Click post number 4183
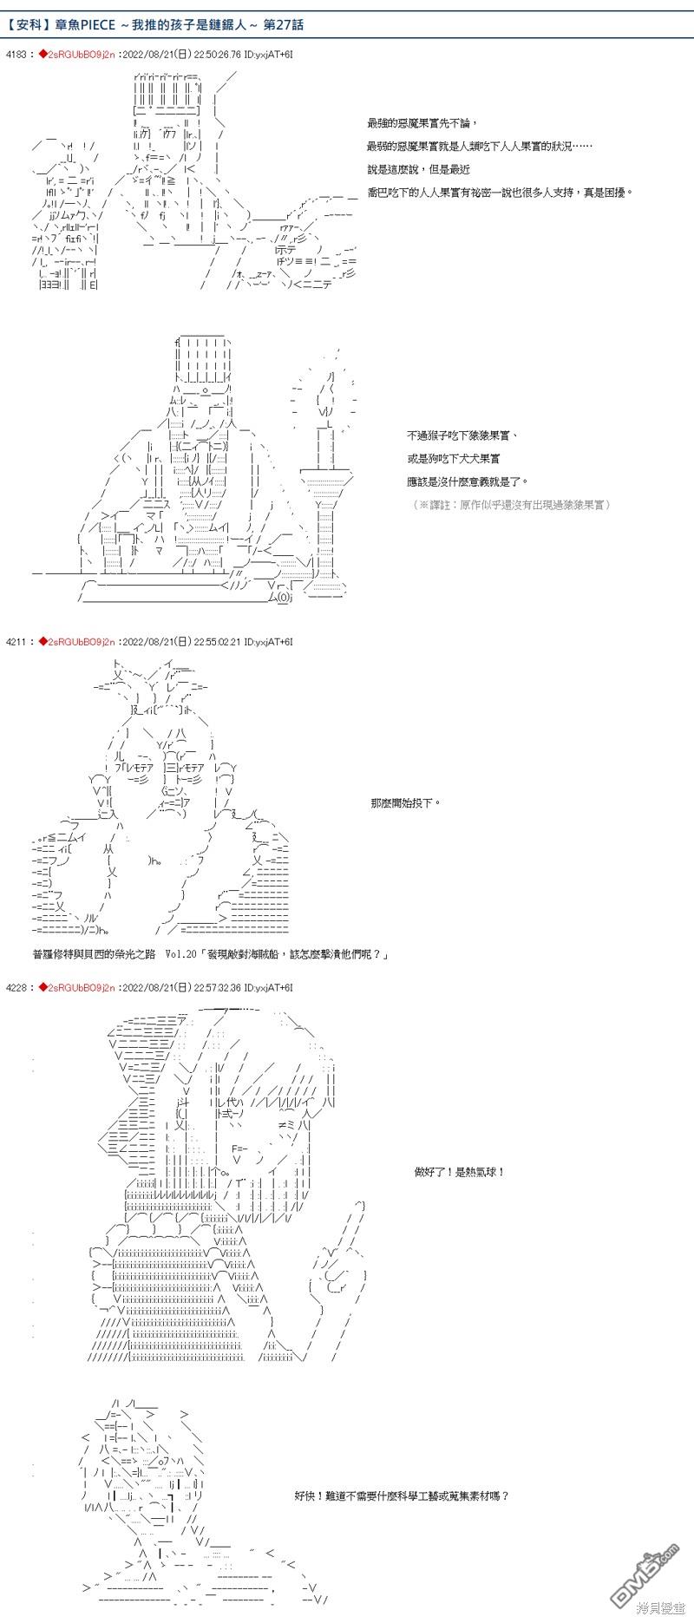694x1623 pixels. (x=16, y=55)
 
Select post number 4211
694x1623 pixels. (x=16, y=642)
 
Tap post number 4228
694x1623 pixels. (x=16, y=987)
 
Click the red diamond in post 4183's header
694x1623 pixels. (x=42, y=55)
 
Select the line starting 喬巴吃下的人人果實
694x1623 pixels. (x=500, y=192)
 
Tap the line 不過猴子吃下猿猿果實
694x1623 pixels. (x=463, y=435)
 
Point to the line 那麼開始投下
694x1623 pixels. (x=405, y=803)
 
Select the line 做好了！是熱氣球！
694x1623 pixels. (x=460, y=1172)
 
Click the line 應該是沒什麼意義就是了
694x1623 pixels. (x=466, y=481)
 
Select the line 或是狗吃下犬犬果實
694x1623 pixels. (x=453, y=458)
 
